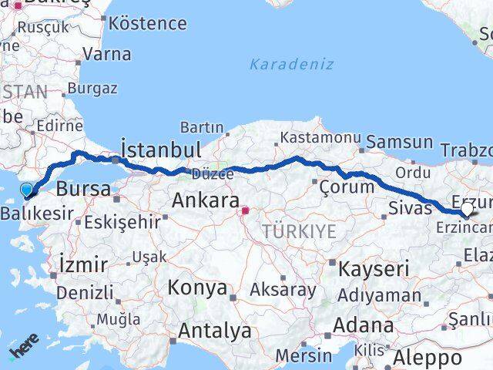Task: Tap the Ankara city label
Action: click(x=205, y=201)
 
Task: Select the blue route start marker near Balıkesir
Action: click(x=27, y=190)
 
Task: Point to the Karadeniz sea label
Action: click(x=291, y=64)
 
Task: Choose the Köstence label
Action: click(x=148, y=23)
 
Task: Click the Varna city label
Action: click(x=106, y=54)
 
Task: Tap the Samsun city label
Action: click(x=399, y=142)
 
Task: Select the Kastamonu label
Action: click(x=320, y=136)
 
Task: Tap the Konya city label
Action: click(x=199, y=288)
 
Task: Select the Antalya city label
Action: click(x=215, y=331)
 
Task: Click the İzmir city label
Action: click(x=83, y=265)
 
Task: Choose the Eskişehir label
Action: click(x=122, y=223)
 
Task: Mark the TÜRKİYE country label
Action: click(x=298, y=231)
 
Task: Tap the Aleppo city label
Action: click(x=428, y=358)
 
